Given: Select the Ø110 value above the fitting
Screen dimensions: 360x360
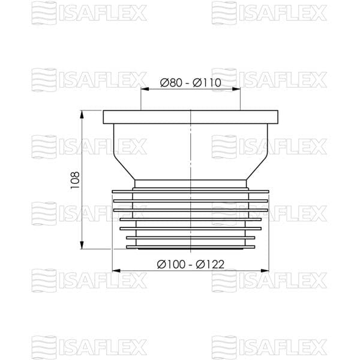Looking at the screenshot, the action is click(x=207, y=83).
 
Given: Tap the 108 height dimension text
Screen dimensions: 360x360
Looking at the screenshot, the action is click(x=75, y=180).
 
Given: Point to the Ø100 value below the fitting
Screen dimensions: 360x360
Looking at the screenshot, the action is click(x=171, y=264).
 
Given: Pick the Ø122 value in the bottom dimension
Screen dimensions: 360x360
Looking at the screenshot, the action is click(x=211, y=264).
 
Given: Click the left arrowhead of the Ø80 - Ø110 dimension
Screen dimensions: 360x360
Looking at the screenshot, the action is click(x=145, y=89).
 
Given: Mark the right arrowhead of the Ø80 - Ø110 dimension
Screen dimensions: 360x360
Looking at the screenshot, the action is click(x=236, y=89).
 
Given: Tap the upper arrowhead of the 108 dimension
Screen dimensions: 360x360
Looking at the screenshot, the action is click(x=82, y=115).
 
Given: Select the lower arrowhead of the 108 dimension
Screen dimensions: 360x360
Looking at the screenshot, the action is click(x=82, y=245).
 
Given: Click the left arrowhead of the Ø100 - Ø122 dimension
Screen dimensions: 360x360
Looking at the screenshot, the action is click(x=116, y=271).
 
